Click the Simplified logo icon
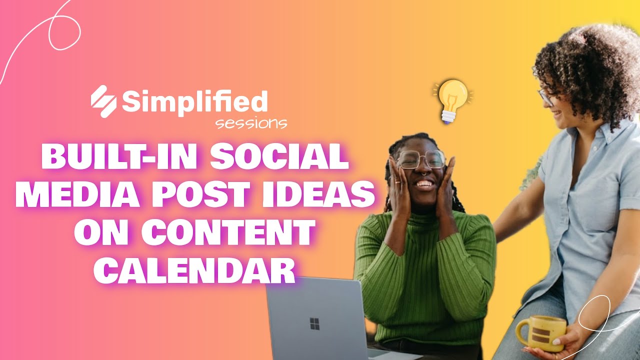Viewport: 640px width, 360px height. (x=103, y=101)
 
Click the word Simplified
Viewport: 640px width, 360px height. (x=195, y=102)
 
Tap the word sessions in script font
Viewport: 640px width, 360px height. (x=251, y=123)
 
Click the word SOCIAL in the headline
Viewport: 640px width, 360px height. (x=278, y=157)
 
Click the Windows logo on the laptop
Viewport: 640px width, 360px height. (x=314, y=323)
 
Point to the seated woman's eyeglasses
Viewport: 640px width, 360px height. (x=420, y=159)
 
